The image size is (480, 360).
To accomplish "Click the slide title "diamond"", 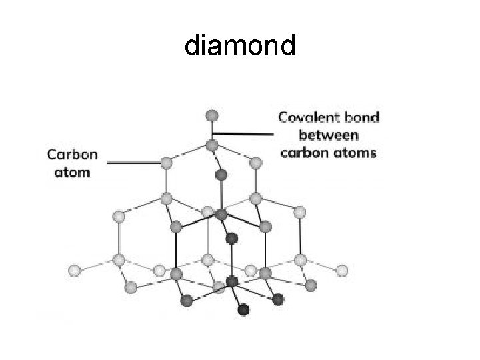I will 239,46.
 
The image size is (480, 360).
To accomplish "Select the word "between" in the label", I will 329,135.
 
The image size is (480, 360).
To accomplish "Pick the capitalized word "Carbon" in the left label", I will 72,155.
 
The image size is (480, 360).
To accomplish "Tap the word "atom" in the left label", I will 72,172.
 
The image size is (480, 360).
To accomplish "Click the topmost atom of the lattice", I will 212,115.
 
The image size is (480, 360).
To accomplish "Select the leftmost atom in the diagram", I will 75,271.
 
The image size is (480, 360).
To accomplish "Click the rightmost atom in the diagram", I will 341,271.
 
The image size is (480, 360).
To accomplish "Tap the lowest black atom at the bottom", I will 243,309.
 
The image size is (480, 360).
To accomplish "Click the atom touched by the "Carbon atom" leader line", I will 167,161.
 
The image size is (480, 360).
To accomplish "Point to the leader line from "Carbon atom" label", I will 133,161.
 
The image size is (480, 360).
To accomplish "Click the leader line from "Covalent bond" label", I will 243,133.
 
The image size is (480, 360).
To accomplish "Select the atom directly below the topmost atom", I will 212,144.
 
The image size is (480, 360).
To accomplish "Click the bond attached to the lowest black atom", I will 238,297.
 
